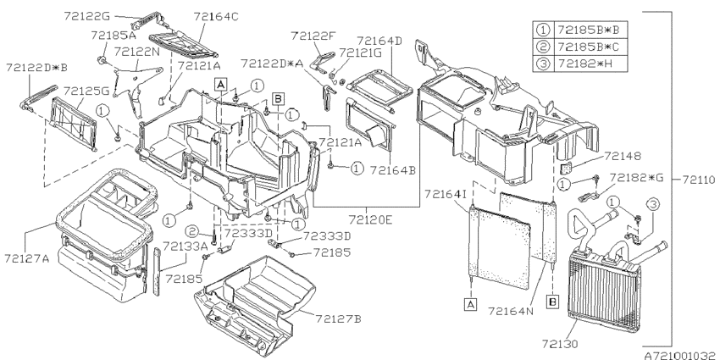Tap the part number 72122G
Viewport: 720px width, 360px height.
87,16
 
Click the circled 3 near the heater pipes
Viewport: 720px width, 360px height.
653,203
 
